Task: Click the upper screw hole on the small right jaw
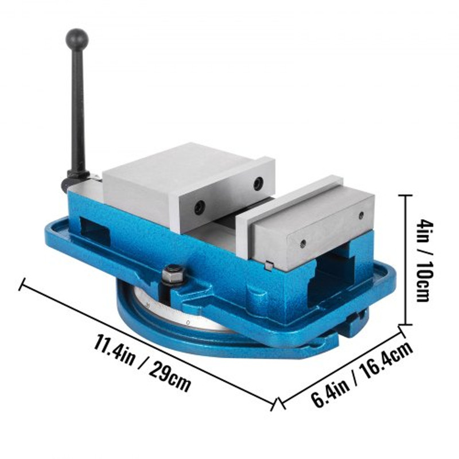pos(360,216)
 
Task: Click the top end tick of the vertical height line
pos(406,196)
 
